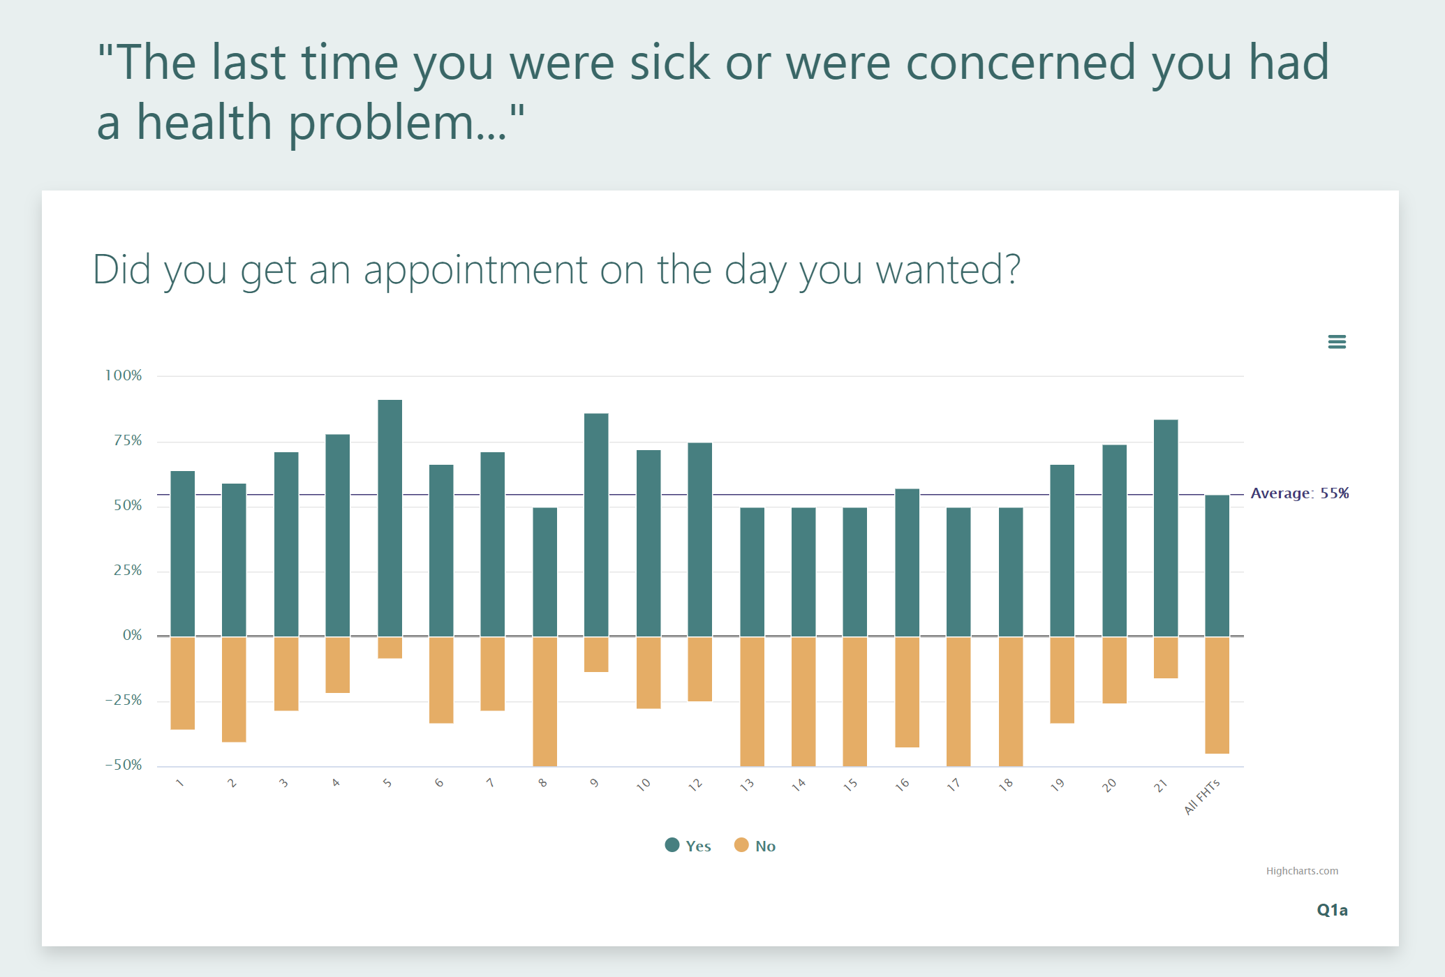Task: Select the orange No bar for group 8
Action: [544, 701]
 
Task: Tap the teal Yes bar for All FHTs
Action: [1217, 565]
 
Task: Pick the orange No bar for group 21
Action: [1166, 657]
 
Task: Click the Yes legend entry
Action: [688, 846]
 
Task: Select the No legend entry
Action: [755, 846]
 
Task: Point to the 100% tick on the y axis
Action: [124, 375]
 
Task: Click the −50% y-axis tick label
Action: [124, 765]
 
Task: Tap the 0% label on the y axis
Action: [132, 635]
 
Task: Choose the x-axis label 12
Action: [695, 784]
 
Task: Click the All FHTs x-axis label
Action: [1202, 796]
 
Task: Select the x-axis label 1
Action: [180, 783]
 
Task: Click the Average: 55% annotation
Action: [1299, 493]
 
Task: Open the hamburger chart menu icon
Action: [1337, 342]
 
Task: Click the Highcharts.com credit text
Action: [1302, 871]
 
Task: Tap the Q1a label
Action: [1332, 910]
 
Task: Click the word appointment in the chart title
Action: [475, 270]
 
